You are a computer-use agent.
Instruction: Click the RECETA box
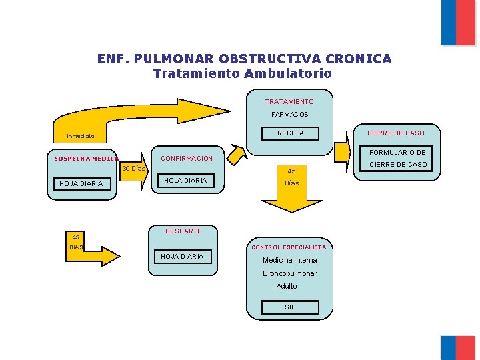pyautogui.click(x=290, y=133)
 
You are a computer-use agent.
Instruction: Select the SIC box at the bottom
pyautogui.click(x=290, y=307)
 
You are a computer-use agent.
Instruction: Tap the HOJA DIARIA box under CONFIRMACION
pyautogui.click(x=185, y=181)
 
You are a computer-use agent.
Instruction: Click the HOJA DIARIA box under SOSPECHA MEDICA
pyautogui.click(x=81, y=184)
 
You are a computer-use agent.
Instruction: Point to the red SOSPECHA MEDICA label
pyautogui.click(x=85, y=159)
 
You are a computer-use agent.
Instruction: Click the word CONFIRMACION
pyautogui.click(x=187, y=159)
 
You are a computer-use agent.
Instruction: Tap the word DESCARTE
pyautogui.click(x=183, y=231)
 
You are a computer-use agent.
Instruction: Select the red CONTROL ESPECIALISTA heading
pyautogui.click(x=289, y=247)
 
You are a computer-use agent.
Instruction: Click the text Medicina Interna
pyautogui.click(x=289, y=260)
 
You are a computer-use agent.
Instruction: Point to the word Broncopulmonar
pyautogui.click(x=289, y=273)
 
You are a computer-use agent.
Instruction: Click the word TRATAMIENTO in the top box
pyautogui.click(x=289, y=102)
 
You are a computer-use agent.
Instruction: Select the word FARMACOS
pyautogui.click(x=289, y=115)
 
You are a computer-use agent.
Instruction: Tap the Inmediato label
pyautogui.click(x=81, y=137)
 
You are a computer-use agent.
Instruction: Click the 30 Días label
pyautogui.click(x=133, y=169)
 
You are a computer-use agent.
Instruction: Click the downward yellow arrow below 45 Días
pyautogui.click(x=292, y=199)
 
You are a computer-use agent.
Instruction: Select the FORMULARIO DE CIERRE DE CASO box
pyautogui.click(x=398, y=158)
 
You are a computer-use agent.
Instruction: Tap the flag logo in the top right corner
pyautogui.click(x=458, y=22)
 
